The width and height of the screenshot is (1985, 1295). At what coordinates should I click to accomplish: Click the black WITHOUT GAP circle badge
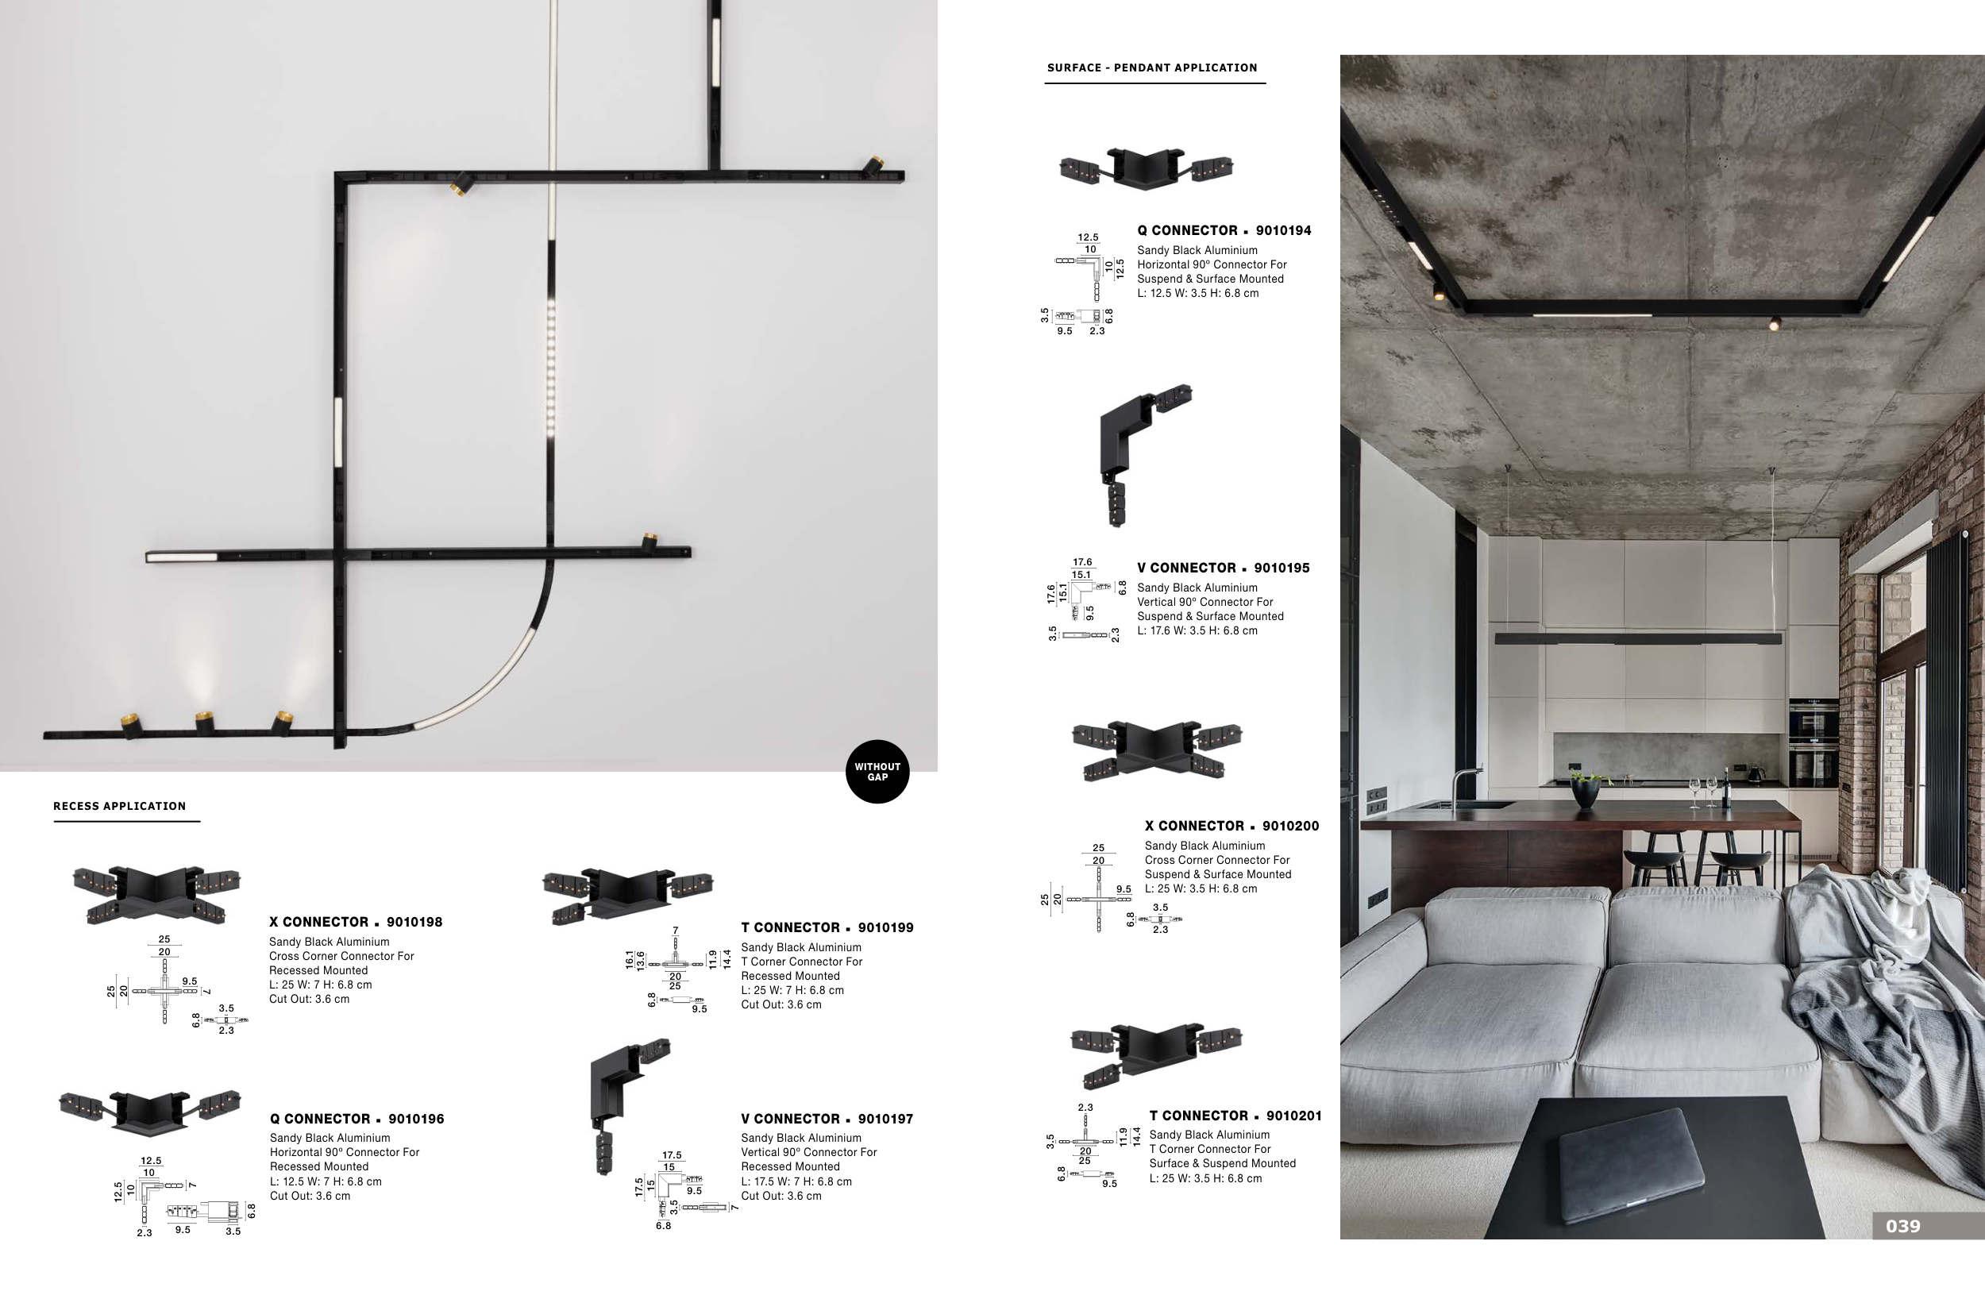(x=877, y=771)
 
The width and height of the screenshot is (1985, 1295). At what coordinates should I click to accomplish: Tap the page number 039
(x=1902, y=1226)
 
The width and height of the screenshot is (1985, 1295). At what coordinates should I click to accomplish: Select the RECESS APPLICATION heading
(x=119, y=807)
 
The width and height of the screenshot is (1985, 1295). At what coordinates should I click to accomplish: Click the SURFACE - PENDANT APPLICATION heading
(x=1152, y=67)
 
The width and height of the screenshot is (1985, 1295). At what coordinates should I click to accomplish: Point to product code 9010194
(x=1283, y=231)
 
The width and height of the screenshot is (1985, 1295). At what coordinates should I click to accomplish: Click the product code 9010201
(x=1293, y=1116)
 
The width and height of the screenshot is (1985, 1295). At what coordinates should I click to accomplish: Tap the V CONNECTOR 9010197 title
(x=827, y=1119)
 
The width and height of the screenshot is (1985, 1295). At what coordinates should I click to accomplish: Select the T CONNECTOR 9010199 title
(x=827, y=927)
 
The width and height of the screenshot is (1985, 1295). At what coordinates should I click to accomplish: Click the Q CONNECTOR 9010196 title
(x=357, y=1119)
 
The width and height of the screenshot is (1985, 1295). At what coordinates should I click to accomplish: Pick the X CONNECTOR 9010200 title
(x=1231, y=827)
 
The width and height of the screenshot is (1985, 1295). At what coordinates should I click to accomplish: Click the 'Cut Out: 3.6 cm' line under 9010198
(x=309, y=999)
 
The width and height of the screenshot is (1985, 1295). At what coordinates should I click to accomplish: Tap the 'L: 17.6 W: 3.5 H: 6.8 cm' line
(x=1197, y=631)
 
